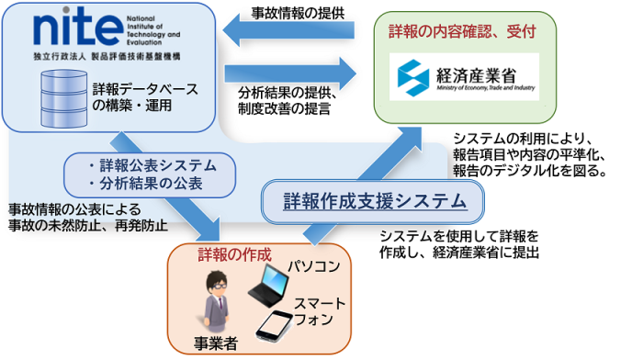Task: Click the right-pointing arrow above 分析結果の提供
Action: click(x=288, y=70)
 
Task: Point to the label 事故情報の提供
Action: click(x=296, y=12)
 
